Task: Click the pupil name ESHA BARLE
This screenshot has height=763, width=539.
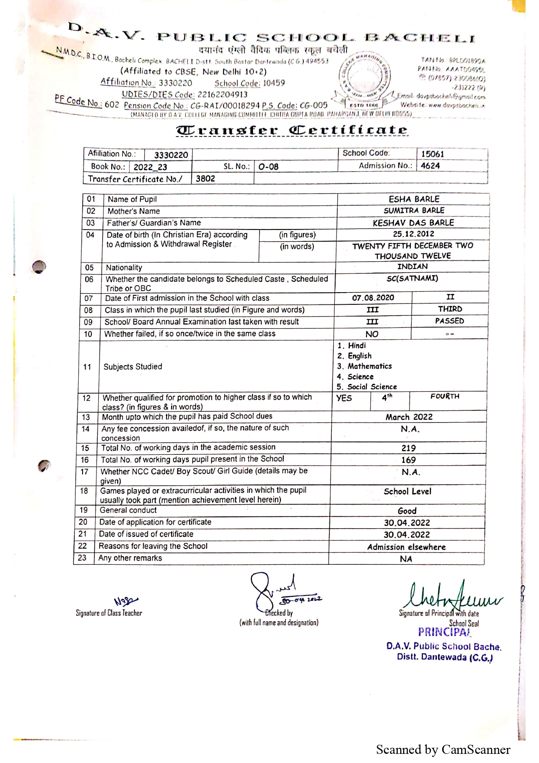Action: pyautogui.click(x=414, y=199)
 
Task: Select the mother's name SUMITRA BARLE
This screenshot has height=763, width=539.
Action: pyautogui.click(x=414, y=210)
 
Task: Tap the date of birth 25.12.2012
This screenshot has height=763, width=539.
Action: pyautogui.click(x=413, y=234)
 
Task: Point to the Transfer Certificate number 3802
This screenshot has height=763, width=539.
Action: pyautogui.click(x=205, y=179)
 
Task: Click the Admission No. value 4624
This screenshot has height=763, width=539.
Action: pyautogui.click(x=430, y=166)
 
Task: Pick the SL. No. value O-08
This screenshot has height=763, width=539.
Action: pyautogui.click(x=268, y=167)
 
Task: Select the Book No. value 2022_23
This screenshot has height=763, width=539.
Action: pyautogui.click(x=150, y=167)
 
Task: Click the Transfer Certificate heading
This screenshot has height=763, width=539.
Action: pyautogui.click(x=292, y=130)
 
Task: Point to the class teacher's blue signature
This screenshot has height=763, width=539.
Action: pyautogui.click(x=126, y=601)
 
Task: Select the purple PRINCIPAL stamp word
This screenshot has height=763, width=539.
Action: pyautogui.click(x=444, y=632)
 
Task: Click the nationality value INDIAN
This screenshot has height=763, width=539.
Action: pyautogui.click(x=413, y=267)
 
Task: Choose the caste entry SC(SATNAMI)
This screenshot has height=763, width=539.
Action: pyautogui.click(x=412, y=278)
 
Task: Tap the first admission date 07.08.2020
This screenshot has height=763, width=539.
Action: pyautogui.click(x=373, y=298)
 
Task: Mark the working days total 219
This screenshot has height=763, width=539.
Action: pyautogui.click(x=408, y=448)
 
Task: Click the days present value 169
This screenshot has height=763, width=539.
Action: pyautogui.click(x=408, y=460)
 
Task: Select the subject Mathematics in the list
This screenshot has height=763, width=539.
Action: pyautogui.click(x=369, y=366)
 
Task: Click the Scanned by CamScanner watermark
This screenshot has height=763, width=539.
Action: pyautogui.click(x=443, y=750)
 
